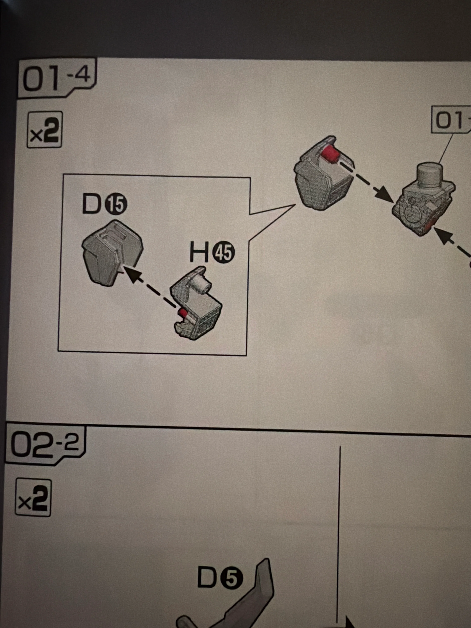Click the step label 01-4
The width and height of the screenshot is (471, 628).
coord(57,78)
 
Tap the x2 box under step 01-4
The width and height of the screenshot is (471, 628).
coord(45,130)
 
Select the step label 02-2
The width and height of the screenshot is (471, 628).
coord(45,444)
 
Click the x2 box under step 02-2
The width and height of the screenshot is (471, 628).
coord(33,497)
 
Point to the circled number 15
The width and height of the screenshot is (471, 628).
coord(116,204)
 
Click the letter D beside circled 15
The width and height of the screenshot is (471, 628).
coord(92,204)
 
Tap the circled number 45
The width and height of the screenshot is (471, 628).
coord(224,253)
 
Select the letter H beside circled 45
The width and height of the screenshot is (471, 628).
coord(199,252)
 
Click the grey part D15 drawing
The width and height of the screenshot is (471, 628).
coord(112,253)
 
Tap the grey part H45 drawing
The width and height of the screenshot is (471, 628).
coord(196,303)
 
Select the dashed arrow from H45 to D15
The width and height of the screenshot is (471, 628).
coord(151,287)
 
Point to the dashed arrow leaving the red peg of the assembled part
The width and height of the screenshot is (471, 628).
coord(367,181)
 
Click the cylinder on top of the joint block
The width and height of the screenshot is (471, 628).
coord(430,176)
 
